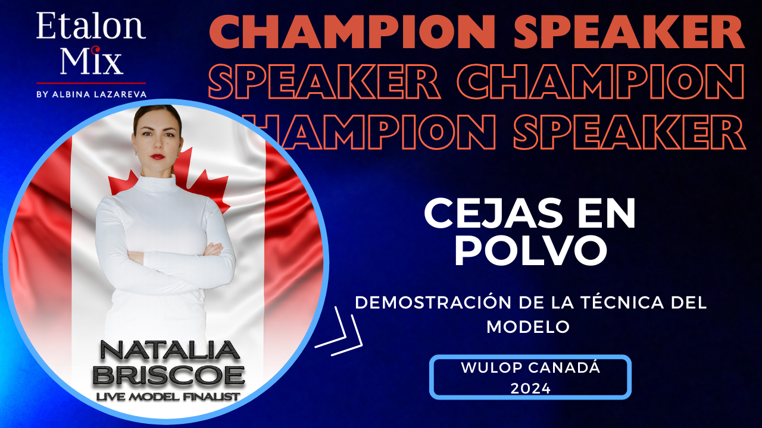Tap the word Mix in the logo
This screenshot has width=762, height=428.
click(91, 61)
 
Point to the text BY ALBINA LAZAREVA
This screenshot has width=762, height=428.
click(92, 95)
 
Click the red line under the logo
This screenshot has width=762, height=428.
click(91, 83)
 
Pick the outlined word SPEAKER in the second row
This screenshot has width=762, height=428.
click(324, 81)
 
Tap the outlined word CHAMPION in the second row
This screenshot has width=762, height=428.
click(601, 81)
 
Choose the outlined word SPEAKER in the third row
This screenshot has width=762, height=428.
click(629, 132)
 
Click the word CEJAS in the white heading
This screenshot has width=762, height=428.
click(494, 214)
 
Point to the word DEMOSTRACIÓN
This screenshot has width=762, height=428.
click(433, 303)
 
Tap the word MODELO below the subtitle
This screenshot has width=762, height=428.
click(528, 327)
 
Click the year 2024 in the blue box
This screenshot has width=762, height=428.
click(530, 389)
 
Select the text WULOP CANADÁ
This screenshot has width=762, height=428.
click(530, 368)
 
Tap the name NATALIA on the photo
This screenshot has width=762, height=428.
click(170, 351)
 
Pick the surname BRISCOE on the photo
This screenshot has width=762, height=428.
click(169, 375)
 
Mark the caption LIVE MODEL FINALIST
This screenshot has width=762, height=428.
click(168, 396)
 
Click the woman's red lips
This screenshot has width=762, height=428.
click(158, 156)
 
